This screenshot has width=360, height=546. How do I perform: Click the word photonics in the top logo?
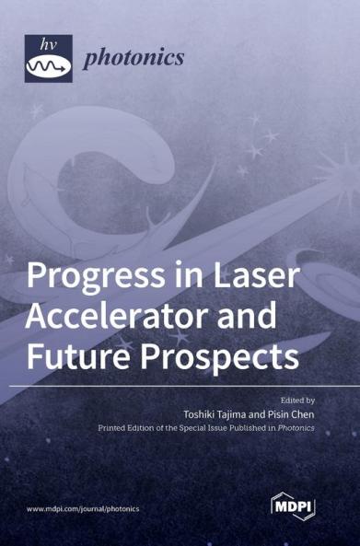pyautogui.click(x=134, y=58)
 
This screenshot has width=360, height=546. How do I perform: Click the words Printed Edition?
pyautogui.click(x=126, y=429)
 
